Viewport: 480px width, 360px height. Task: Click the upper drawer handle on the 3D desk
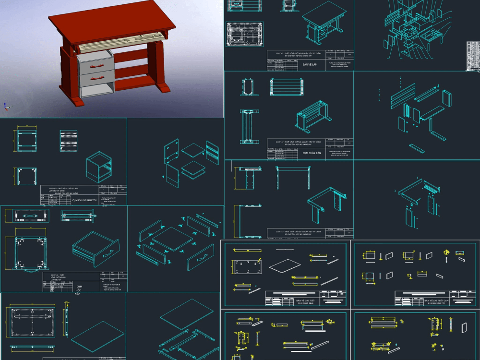coord(97,65)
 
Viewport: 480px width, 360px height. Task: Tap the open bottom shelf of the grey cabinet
coord(97,91)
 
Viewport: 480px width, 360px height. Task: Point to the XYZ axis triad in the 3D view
coord(5,105)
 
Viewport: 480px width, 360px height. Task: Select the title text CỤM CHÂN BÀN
coord(312,153)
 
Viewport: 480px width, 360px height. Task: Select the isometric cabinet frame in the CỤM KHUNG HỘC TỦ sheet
coord(98,167)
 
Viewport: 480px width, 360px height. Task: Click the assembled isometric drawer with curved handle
coord(95,249)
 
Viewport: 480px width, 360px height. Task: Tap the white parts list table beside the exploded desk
coord(473,55)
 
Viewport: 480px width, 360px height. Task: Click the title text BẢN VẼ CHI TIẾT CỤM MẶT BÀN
coord(306,301)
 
